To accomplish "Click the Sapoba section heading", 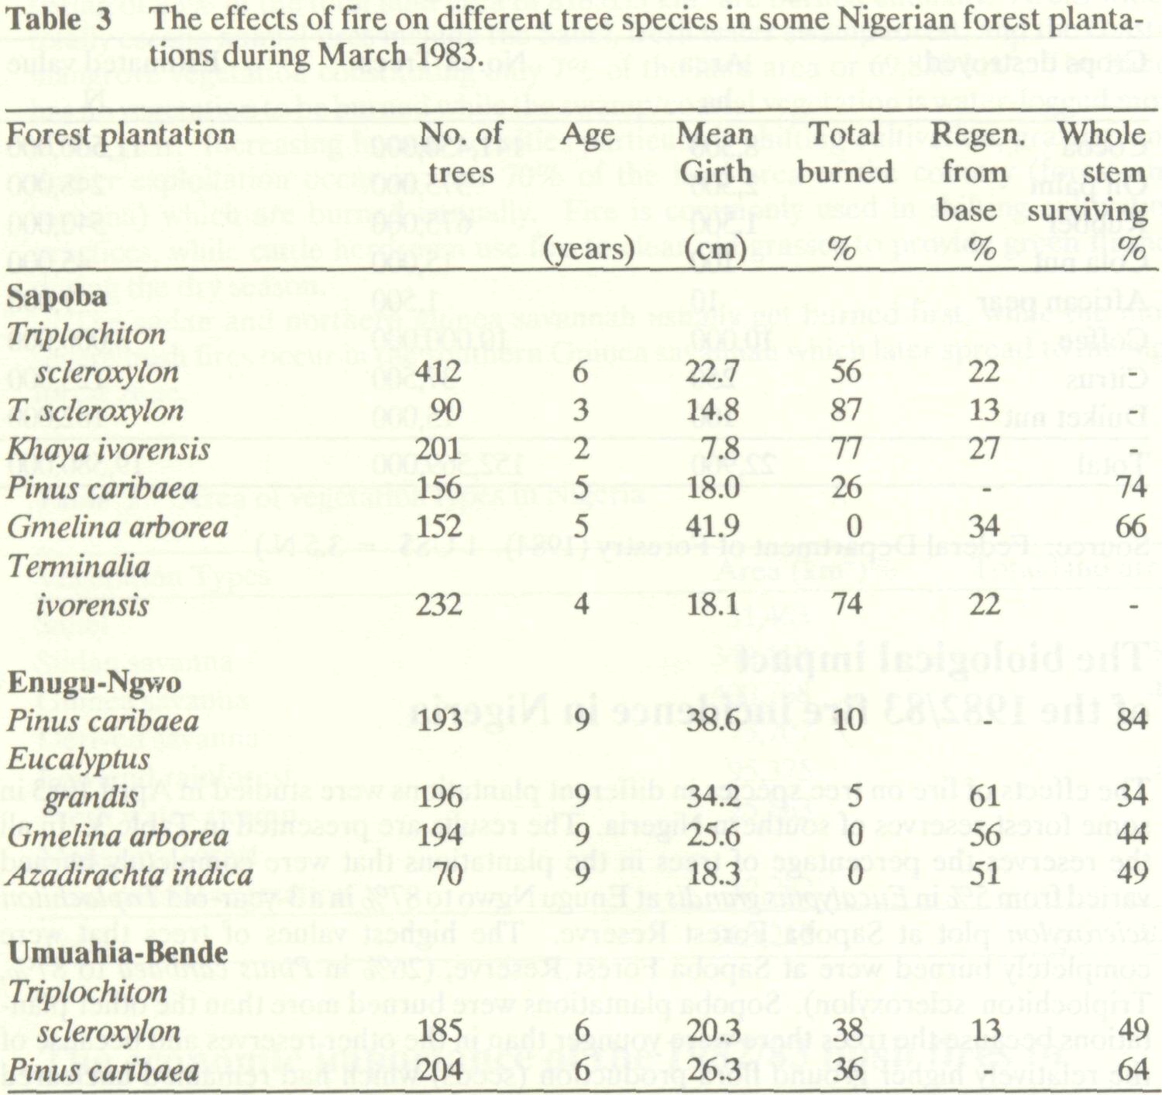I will coord(57,296).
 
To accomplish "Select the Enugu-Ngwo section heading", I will coord(94,682).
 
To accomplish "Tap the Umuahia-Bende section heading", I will coord(118,953).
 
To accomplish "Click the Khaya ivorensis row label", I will coord(108,449).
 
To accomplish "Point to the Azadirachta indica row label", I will coord(129,874).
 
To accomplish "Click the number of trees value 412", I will coord(438,372).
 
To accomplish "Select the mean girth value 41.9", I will coord(712,527).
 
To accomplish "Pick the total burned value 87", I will coord(845,410).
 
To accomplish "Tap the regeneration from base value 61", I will coord(984,797).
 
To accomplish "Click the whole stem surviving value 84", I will coord(1131,720).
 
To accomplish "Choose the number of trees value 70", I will coord(447,874).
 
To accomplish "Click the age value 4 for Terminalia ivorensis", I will coord(582,604).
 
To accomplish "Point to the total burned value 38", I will coord(845,1031).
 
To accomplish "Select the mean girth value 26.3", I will coord(712,1069).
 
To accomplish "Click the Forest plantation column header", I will coord(121,135).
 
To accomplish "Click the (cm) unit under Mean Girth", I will coord(715,249).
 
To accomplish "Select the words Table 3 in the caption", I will coord(58,20).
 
